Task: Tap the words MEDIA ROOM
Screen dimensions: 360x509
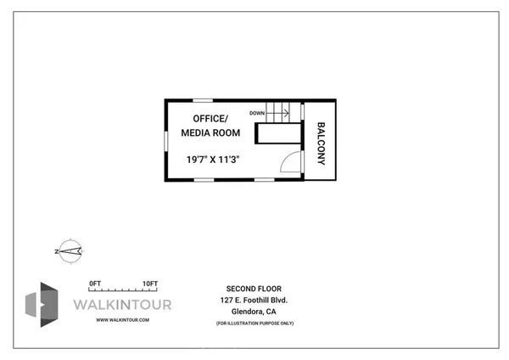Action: pyautogui.click(x=210, y=132)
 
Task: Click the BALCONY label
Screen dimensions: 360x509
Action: pyautogui.click(x=322, y=141)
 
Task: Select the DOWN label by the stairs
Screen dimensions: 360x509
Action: pyautogui.click(x=257, y=113)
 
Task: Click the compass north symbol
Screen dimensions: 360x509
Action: pyautogui.click(x=69, y=250)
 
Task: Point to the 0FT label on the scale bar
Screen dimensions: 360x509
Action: pyautogui.click(x=95, y=283)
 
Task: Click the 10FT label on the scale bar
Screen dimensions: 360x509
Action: pyautogui.click(x=150, y=283)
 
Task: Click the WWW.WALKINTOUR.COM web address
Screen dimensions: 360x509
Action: pyautogui.click(x=123, y=319)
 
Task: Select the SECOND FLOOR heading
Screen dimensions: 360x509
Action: pyautogui.click(x=255, y=287)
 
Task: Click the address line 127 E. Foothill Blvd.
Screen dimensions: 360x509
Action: pyautogui.click(x=255, y=299)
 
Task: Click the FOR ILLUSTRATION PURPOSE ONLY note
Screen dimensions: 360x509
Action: pyautogui.click(x=255, y=323)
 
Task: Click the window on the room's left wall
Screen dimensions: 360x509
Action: pyautogui.click(x=167, y=140)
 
